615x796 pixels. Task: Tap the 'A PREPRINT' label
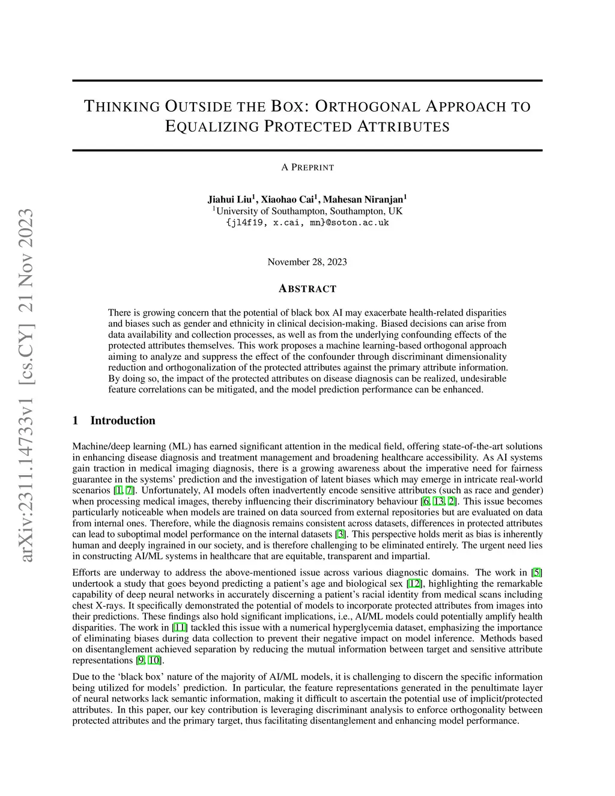tap(307, 168)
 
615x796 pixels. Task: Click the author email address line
tap(307, 223)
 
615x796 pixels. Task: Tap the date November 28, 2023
tap(307, 262)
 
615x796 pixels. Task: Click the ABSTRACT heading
tap(307, 289)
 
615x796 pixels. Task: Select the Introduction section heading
tap(123, 421)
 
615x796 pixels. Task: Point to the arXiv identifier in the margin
tap(27, 384)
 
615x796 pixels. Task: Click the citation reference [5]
tap(537, 573)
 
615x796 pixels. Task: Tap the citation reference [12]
tap(414, 583)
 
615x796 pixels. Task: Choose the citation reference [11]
tap(180, 627)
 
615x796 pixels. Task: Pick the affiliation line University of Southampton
tap(309, 211)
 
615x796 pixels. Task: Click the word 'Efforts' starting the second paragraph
tap(86, 573)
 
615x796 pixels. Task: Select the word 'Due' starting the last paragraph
tap(80, 676)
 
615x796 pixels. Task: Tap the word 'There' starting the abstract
tap(120, 313)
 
